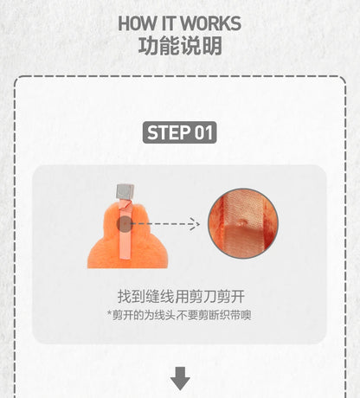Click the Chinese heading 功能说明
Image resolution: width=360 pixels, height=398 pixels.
pyautogui.click(x=180, y=46)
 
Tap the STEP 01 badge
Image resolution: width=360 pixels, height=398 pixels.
pyautogui.click(x=180, y=132)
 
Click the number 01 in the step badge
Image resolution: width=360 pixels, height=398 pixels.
pyautogui.click(x=203, y=132)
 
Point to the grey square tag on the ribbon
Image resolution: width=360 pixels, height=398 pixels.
pyautogui.click(x=125, y=191)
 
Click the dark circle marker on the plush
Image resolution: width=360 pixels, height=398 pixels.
pyautogui.click(x=125, y=224)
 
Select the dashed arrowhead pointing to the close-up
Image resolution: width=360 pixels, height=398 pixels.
pyautogui.click(x=195, y=224)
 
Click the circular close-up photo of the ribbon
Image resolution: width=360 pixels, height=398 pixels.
pyautogui.click(x=243, y=223)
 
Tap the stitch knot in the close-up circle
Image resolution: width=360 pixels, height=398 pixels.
pyautogui.click(x=242, y=222)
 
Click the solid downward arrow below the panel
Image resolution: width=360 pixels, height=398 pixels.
pyautogui.click(x=180, y=379)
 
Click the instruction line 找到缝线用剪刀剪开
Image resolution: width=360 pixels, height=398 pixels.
pyautogui.click(x=181, y=297)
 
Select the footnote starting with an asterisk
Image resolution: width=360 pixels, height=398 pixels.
pyautogui.click(x=179, y=315)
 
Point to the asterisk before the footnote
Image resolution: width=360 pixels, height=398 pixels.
pyautogui.click(x=109, y=313)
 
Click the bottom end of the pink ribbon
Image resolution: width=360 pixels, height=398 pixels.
pyautogui.click(x=125, y=258)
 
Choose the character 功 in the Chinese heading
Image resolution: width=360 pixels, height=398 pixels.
pyautogui.click(x=148, y=46)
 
